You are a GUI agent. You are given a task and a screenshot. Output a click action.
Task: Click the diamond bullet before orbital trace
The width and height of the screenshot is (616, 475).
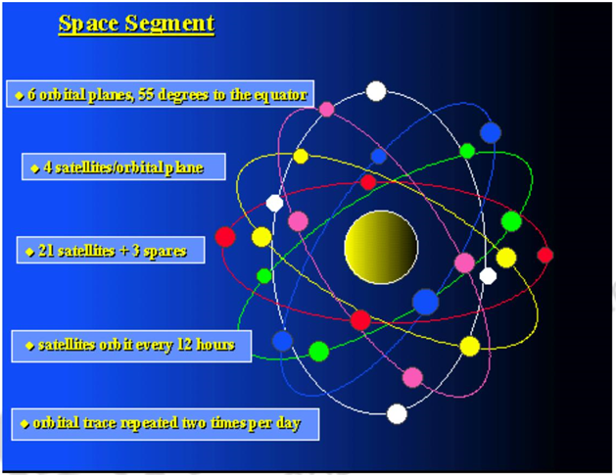[24, 425]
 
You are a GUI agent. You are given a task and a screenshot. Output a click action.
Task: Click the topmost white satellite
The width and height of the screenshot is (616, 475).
[376, 91]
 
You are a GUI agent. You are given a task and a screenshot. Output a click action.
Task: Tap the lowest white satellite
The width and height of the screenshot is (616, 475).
[397, 413]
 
